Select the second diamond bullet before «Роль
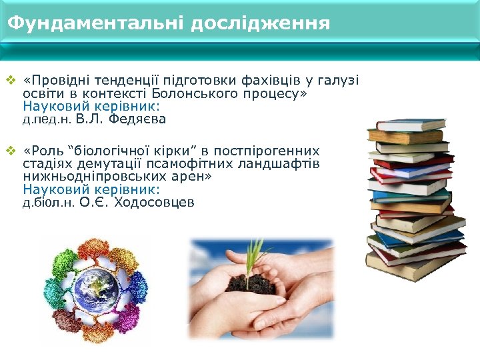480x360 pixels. point(10,151)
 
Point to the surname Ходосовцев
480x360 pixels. point(155,203)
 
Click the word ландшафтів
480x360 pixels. point(279,164)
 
